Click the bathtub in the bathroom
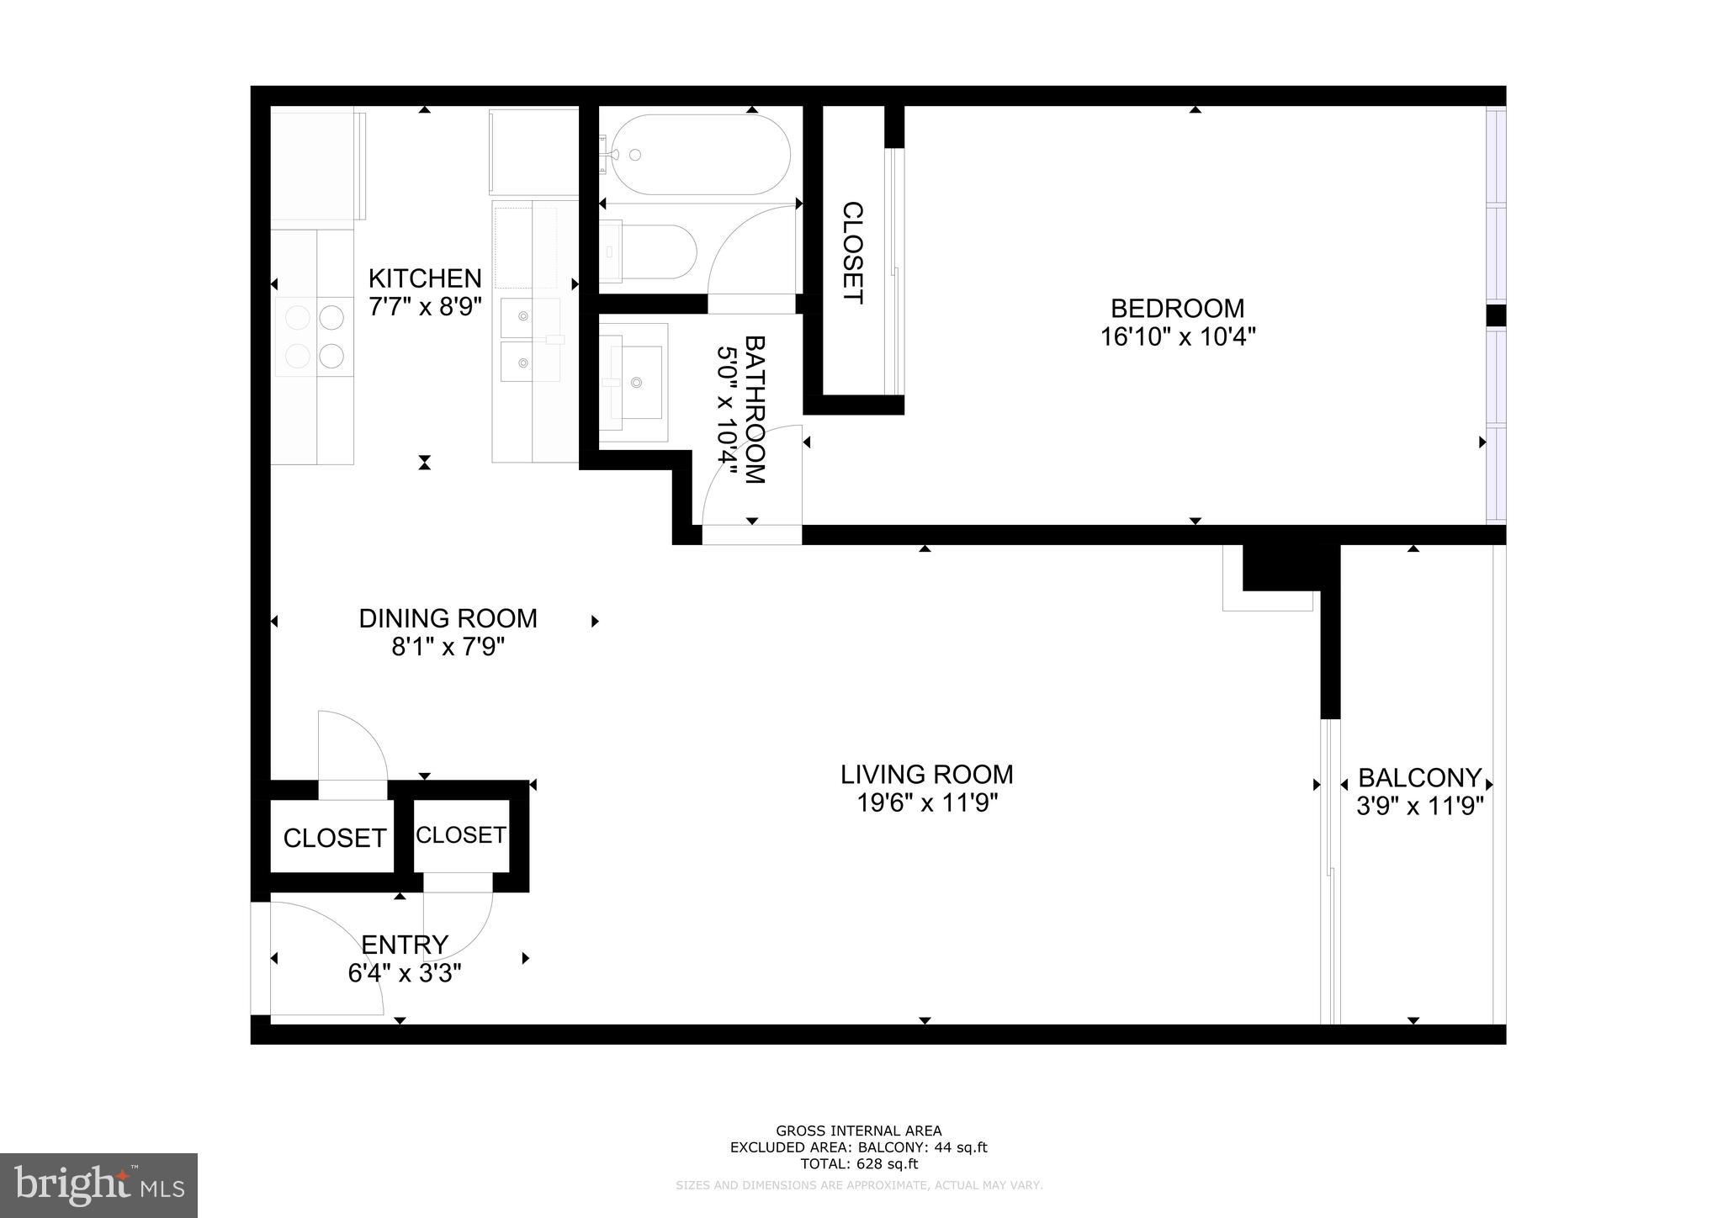[698, 155]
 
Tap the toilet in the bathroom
[652, 251]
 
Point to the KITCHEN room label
[425, 278]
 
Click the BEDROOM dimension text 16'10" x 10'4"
[1177, 337]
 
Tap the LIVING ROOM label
[926, 774]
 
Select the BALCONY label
[1419, 777]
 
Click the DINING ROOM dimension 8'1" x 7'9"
[448, 647]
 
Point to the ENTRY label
[405, 945]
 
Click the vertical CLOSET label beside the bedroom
[852, 252]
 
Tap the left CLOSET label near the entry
[334, 838]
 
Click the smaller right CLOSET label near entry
[460, 834]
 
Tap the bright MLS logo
[98, 1185]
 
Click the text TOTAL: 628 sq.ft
[858, 1164]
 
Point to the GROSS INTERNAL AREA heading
[858, 1131]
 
